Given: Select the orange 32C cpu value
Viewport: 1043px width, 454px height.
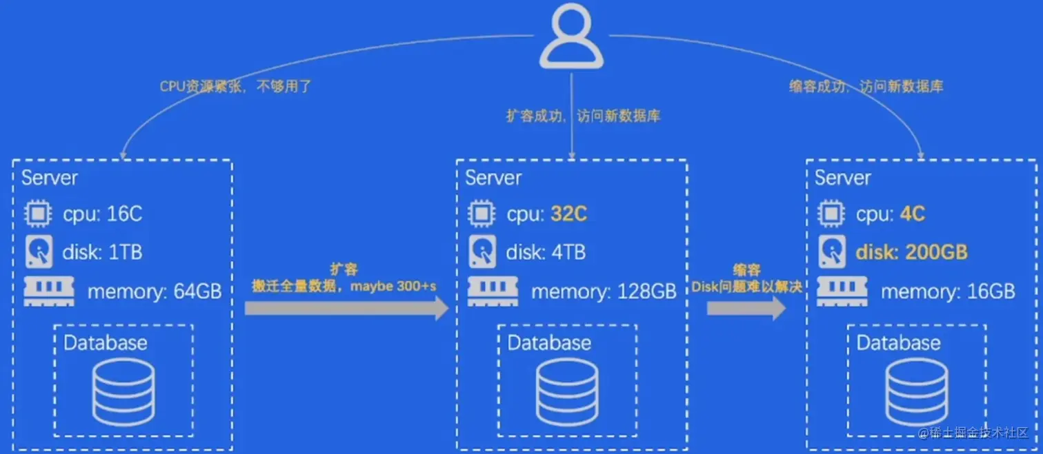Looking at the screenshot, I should point(568,214).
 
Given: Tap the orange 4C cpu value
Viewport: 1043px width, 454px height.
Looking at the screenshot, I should point(912,214).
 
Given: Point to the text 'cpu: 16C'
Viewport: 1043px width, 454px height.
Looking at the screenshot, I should point(103,214).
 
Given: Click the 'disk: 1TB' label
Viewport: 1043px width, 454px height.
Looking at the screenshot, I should point(102,252).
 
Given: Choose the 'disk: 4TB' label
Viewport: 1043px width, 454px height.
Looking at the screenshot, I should point(546,252).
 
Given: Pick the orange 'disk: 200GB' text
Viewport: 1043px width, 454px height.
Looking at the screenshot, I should point(911,252).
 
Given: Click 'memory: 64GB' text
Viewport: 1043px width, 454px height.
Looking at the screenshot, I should point(155,291).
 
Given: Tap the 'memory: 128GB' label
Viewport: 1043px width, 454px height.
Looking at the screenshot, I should point(604,291).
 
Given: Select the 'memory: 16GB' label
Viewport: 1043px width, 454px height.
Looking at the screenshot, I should point(948,291).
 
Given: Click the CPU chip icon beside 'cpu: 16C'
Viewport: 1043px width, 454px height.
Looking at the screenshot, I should point(39,214).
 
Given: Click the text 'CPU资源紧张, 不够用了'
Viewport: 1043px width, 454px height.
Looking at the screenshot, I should point(236,87).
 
